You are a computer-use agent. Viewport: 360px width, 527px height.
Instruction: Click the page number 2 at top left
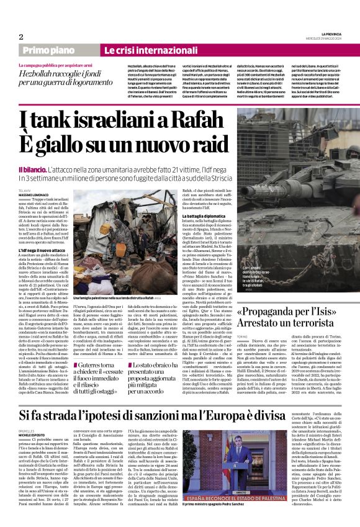[x=21, y=37]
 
